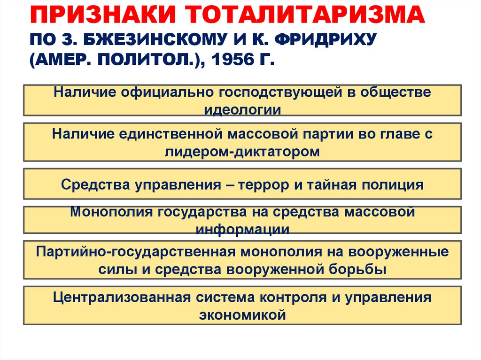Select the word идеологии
coord(242,110)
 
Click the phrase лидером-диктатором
coord(242,152)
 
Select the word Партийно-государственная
coord(135,252)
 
